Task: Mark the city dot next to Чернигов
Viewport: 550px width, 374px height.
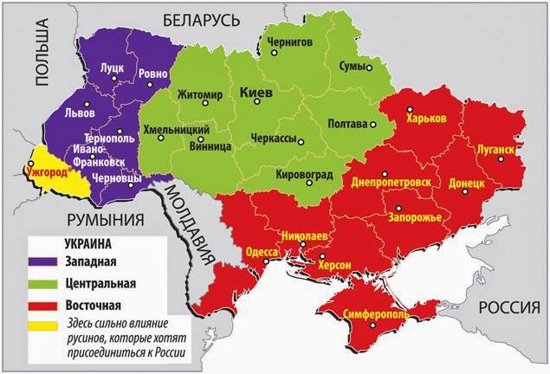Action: [275, 53]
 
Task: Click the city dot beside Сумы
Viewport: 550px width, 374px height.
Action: [368, 68]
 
